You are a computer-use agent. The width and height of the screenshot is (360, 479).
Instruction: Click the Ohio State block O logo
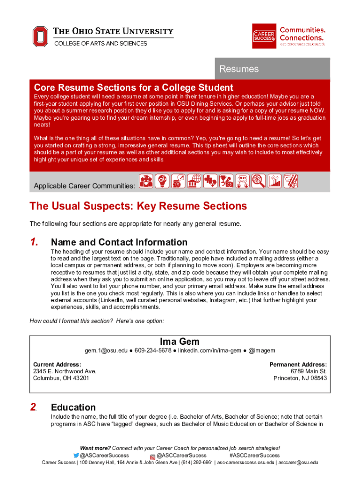pyautogui.click(x=40, y=36)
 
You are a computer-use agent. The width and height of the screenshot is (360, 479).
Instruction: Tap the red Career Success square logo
pyautogui.click(x=264, y=36)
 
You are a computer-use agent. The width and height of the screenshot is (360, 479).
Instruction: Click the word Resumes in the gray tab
pyautogui.click(x=239, y=69)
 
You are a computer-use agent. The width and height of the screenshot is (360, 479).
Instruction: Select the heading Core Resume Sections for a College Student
pyautogui.click(x=133, y=87)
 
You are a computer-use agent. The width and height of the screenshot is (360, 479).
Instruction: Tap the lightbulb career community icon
pyautogui.click(x=162, y=181)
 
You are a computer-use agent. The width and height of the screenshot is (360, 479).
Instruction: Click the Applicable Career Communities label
pyautogui.click(x=85, y=186)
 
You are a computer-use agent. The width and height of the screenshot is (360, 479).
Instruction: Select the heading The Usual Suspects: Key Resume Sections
pyautogui.click(x=138, y=206)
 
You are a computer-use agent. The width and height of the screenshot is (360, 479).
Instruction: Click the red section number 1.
pyautogui.click(x=34, y=242)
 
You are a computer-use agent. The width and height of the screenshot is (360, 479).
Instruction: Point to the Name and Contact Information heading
pyautogui.click(x=119, y=242)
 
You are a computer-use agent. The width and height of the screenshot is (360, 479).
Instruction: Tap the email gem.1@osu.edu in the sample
pyautogui.click(x=106, y=351)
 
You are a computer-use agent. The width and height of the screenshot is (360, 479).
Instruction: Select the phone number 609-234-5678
pyautogui.click(x=153, y=351)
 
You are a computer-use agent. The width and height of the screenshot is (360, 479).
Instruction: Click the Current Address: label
pyautogui.click(x=57, y=364)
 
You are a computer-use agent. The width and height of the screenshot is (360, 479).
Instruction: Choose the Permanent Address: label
pyautogui.click(x=298, y=364)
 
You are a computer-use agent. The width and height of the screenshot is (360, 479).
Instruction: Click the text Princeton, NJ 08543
pyautogui.click(x=300, y=378)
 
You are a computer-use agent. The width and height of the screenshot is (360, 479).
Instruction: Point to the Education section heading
pyautogui.click(x=73, y=407)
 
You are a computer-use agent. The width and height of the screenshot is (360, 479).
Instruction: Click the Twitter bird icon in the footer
pyautogui.click(x=77, y=456)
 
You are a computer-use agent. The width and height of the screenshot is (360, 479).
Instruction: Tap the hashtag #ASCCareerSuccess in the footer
pyautogui.click(x=254, y=455)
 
